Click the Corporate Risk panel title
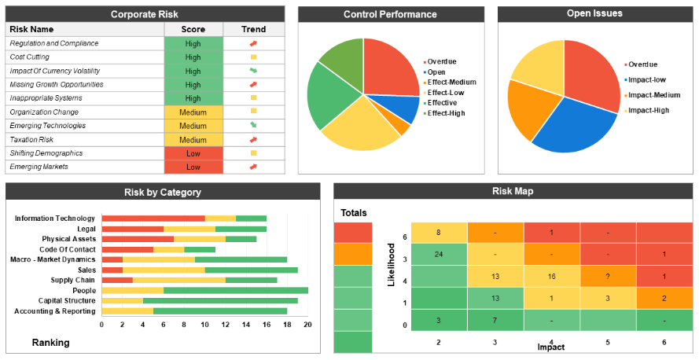tap(145, 14)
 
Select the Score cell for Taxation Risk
tap(193, 140)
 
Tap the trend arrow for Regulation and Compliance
tap(253, 44)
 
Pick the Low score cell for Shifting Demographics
tap(193, 153)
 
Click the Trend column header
tap(253, 29)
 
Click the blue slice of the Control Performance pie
tap(403, 108)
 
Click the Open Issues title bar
tap(594, 13)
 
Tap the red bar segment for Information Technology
tap(153, 219)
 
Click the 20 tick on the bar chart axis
tap(307, 324)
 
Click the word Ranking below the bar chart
tap(50, 343)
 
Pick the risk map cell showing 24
tap(439, 254)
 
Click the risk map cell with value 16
tap(552, 277)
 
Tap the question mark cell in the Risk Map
tap(608, 277)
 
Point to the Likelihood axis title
tap(392, 264)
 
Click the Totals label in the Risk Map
tap(353, 213)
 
